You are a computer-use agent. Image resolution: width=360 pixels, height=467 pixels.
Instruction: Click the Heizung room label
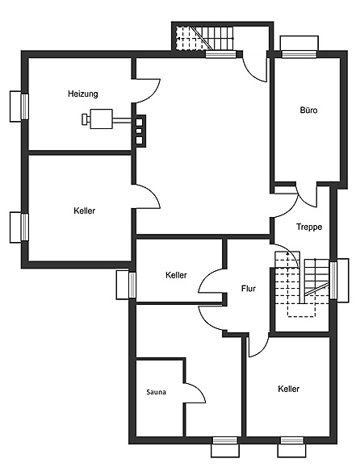pos(83,94)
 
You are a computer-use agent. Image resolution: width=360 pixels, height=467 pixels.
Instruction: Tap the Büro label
pos(308,110)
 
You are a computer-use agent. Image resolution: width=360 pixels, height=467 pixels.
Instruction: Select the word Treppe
pos(309,227)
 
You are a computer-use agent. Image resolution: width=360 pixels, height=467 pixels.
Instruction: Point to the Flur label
pos(249,289)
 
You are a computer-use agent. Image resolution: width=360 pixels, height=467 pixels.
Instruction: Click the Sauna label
pos(156,392)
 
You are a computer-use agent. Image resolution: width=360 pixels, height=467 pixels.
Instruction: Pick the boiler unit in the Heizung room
pos(98,119)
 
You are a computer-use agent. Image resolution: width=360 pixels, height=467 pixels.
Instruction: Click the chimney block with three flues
pos(139,131)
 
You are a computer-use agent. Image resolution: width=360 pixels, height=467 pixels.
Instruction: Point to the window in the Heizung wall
pos(24,106)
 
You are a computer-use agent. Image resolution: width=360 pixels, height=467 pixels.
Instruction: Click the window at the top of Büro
pos(299,54)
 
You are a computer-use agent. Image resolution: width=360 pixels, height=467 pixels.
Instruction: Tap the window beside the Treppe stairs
pos(333,280)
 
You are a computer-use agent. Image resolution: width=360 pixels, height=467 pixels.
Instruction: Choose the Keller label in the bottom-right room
pos(288,389)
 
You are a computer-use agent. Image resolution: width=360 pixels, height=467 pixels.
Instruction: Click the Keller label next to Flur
pos(176,275)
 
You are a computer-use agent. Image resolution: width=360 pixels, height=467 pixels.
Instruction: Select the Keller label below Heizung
pos(84,211)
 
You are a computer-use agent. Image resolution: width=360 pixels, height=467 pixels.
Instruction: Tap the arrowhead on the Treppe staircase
pos(287,253)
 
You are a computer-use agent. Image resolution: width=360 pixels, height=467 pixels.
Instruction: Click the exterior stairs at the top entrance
pos(204,38)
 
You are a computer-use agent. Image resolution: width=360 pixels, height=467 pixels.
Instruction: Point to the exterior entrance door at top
pos(254,69)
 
